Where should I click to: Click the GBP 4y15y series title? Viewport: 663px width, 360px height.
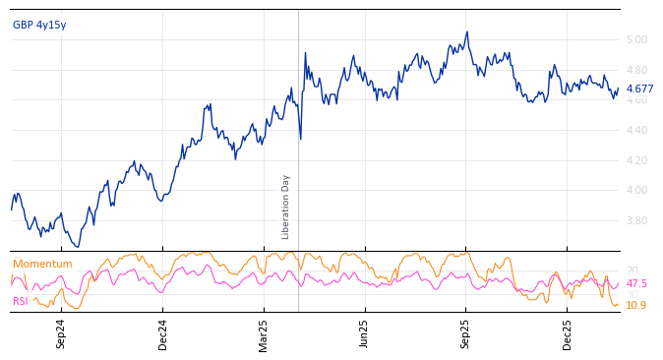[39, 25]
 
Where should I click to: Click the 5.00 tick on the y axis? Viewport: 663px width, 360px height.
[636, 40]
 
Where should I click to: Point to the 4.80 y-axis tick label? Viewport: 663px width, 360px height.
[636, 70]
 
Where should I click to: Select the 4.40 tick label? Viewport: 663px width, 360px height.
[636, 130]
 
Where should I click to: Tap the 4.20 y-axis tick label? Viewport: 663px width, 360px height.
[636, 160]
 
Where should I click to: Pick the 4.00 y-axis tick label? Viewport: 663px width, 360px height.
[636, 191]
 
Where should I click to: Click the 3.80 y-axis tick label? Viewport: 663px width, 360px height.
[636, 220]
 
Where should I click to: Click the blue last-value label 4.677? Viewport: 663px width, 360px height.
[639, 89]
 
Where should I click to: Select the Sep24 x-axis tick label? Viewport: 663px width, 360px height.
[61, 333]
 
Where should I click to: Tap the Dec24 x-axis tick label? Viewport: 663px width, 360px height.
[163, 333]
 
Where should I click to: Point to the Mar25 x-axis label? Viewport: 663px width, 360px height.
[264, 333]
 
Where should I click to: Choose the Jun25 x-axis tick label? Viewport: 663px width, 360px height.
[364, 333]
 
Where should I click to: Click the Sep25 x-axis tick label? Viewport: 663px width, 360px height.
[465, 333]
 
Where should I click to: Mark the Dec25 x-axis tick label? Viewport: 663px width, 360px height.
[568, 333]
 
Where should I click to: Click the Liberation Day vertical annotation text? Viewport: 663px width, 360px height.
[286, 207]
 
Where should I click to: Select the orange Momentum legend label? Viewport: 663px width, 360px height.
[42, 265]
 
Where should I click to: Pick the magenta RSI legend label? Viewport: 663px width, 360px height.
[21, 301]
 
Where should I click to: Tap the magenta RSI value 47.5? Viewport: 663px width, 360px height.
[636, 283]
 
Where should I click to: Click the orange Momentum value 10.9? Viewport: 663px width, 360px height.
[635, 305]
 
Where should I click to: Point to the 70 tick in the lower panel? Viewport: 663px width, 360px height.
[632, 270]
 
